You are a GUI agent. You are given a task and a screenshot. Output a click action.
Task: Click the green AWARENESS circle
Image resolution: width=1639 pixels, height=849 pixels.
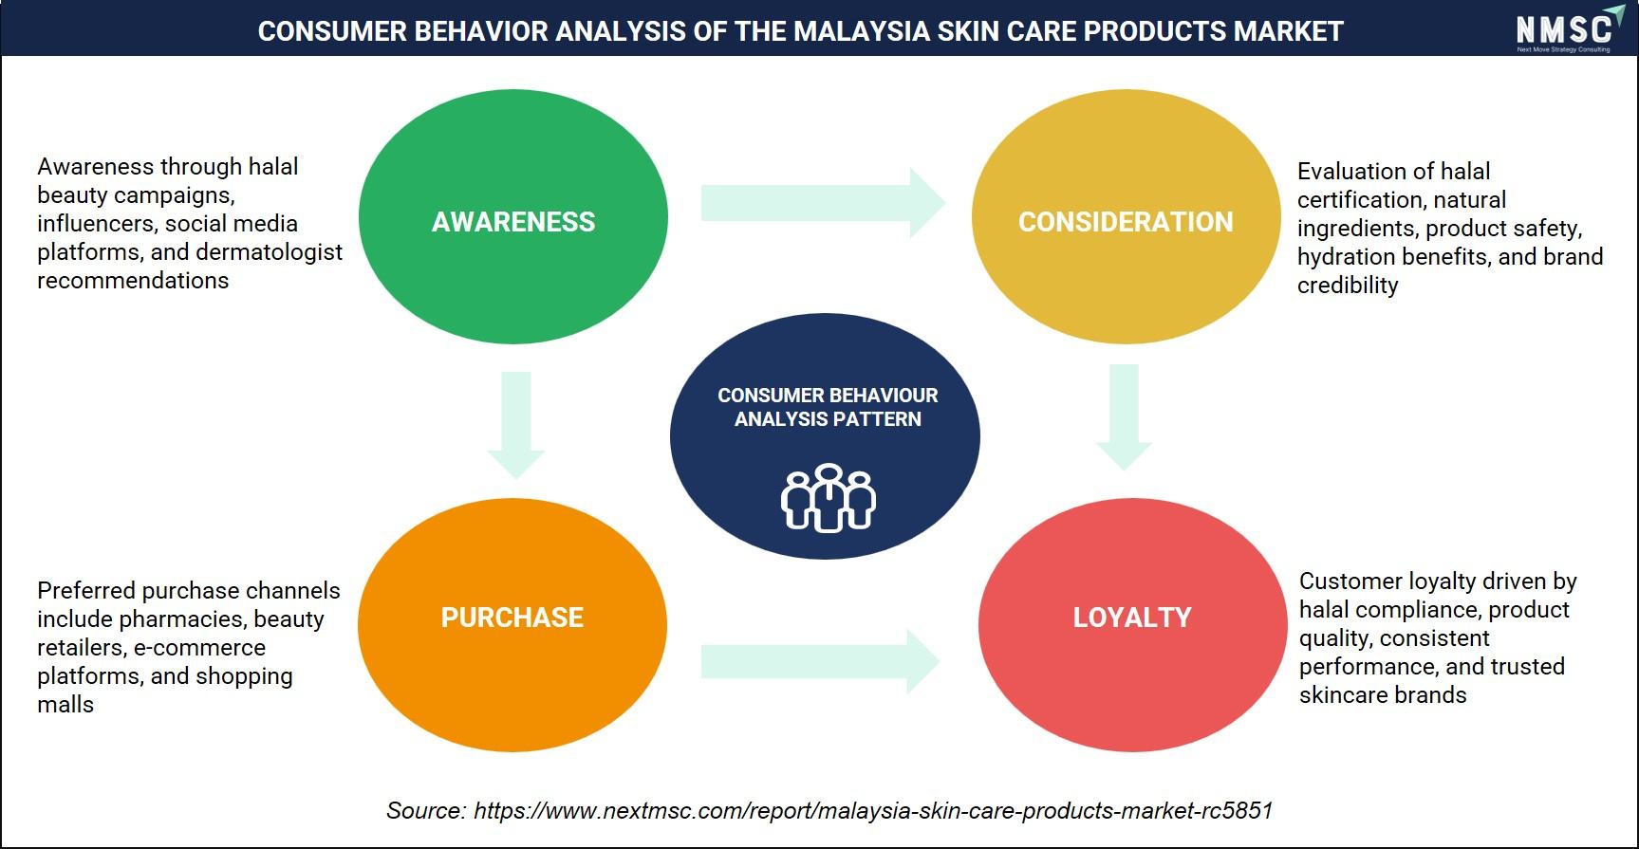tap(513, 216)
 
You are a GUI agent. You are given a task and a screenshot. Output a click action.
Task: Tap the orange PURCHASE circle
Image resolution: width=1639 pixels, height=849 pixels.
tap(512, 625)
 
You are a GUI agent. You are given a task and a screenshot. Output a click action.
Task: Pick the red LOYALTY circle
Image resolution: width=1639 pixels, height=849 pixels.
tap(1132, 625)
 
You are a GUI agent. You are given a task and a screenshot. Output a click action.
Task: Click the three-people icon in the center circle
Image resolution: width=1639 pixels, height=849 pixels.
tap(829, 497)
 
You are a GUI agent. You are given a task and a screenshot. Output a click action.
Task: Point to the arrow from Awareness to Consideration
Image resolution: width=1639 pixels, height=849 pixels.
tap(824, 203)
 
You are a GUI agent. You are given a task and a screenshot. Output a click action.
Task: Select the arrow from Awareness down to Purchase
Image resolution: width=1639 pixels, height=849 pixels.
tap(516, 425)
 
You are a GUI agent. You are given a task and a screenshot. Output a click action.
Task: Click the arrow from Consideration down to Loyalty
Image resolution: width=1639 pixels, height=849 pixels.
tap(1124, 417)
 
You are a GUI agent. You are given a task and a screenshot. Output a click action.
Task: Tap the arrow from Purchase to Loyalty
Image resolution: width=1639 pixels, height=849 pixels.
tap(821, 661)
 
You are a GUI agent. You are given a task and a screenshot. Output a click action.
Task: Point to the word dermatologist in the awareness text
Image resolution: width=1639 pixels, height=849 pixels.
tap(269, 252)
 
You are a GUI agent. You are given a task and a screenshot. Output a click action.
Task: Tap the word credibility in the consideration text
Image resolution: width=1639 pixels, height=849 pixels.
tap(1348, 286)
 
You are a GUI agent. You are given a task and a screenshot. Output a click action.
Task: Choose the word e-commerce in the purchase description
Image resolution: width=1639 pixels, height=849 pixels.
tap(199, 648)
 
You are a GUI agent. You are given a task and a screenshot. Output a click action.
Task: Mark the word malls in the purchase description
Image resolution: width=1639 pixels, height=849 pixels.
tap(65, 705)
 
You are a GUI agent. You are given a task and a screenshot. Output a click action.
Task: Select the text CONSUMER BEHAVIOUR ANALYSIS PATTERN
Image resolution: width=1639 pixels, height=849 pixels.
tap(828, 407)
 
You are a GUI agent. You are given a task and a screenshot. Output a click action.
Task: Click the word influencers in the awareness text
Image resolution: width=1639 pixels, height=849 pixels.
tap(98, 224)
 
